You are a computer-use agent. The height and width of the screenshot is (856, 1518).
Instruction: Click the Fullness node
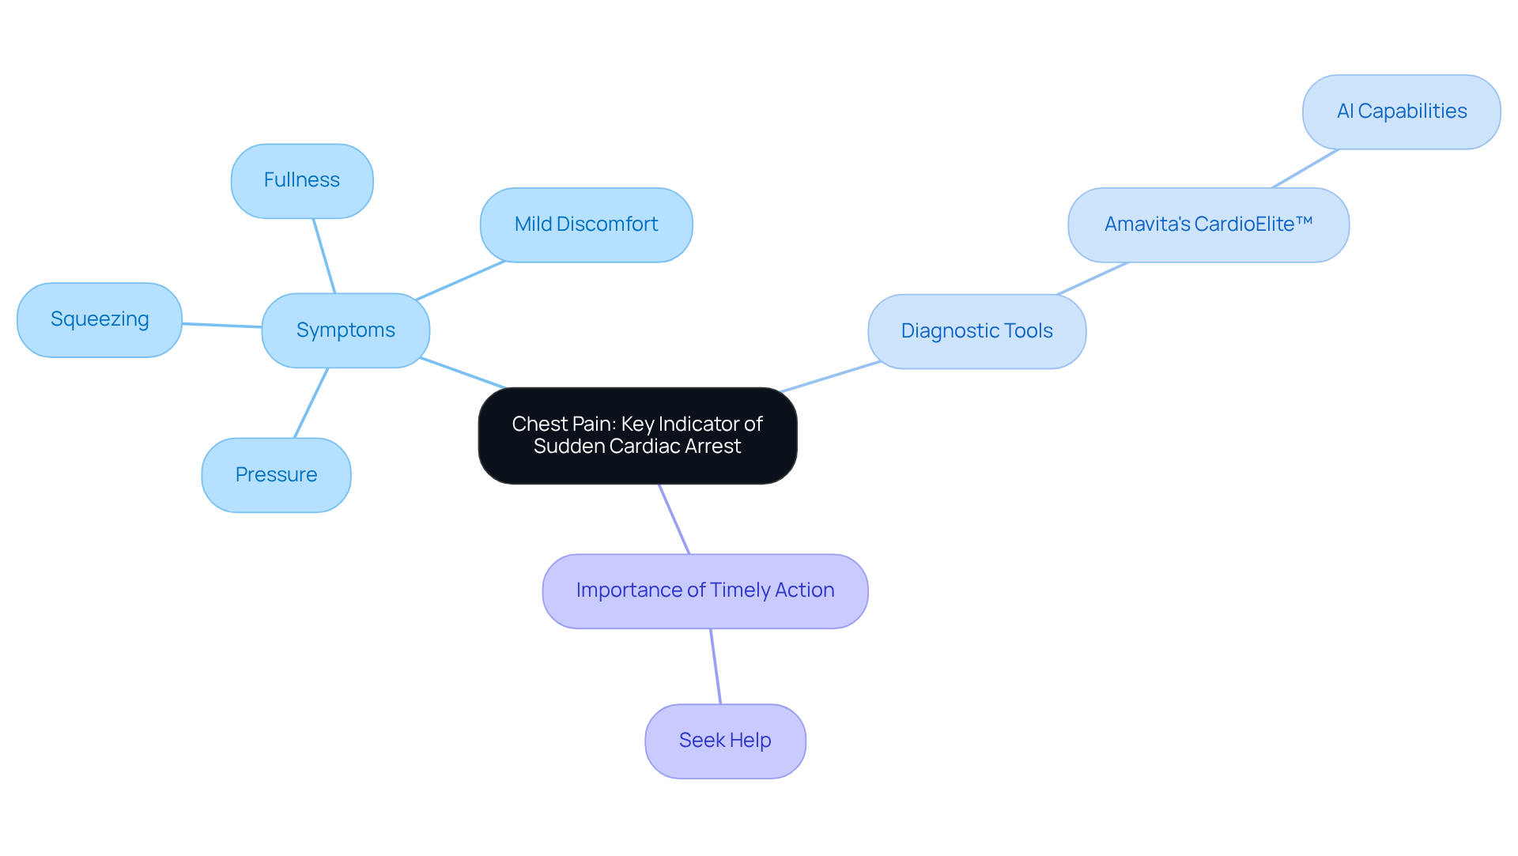pyautogui.click(x=302, y=181)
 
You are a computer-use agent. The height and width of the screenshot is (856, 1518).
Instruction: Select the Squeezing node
pyautogui.click(x=100, y=320)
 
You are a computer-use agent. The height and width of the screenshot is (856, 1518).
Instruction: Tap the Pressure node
pyautogui.click(x=276, y=475)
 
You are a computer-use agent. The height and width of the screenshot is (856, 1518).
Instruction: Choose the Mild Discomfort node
pyautogui.click(x=586, y=225)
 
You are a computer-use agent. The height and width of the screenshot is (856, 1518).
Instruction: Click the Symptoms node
pyautogui.click(x=346, y=330)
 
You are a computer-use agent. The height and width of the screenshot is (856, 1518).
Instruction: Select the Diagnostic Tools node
pyautogui.click(x=976, y=331)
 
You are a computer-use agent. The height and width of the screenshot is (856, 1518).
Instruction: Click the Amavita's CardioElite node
pyautogui.click(x=1208, y=225)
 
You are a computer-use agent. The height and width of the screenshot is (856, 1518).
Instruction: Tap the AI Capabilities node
pyautogui.click(x=1401, y=112)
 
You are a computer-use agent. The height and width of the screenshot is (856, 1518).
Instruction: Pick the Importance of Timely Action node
pyautogui.click(x=704, y=591)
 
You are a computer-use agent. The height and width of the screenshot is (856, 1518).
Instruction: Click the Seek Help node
pyautogui.click(x=725, y=741)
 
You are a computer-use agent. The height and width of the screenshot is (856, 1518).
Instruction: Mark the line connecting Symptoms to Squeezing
pyautogui.click(x=222, y=325)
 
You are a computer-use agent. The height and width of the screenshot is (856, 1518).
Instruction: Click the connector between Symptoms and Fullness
pyautogui.click(x=324, y=255)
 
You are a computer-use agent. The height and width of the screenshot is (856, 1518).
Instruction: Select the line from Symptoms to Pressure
pyautogui.click(x=311, y=403)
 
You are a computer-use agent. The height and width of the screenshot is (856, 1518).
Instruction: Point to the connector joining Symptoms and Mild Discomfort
pyautogui.click(x=460, y=281)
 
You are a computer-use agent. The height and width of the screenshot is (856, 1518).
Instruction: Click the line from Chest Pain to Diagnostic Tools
pyautogui.click(x=830, y=376)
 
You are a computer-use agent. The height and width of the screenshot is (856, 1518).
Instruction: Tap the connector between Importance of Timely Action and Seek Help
pyautogui.click(x=716, y=666)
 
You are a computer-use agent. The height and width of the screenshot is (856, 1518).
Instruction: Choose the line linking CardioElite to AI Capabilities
pyautogui.click(x=1305, y=168)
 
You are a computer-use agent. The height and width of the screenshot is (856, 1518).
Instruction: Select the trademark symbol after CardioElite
pyautogui.click(x=1305, y=222)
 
